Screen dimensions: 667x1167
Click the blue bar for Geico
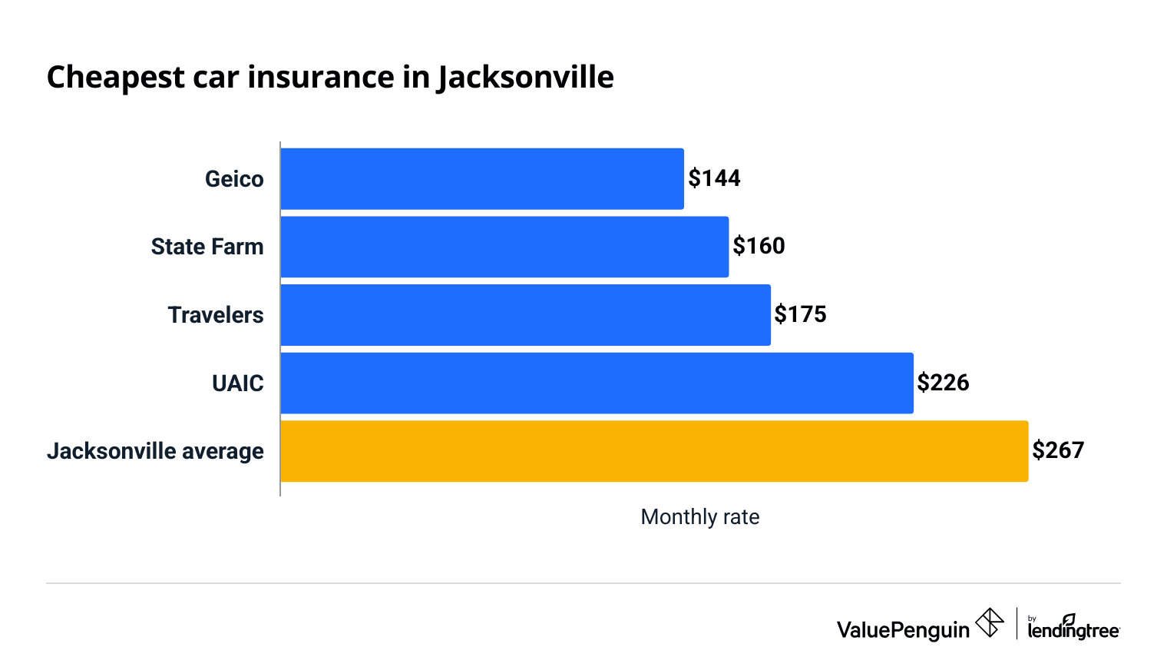point(482,179)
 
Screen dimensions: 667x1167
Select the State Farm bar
point(504,247)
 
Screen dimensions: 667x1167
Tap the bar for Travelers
point(525,315)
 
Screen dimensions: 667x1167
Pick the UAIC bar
point(597,383)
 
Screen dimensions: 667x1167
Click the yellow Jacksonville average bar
point(654,451)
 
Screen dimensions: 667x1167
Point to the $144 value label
point(714,178)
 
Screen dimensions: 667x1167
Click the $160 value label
point(759,246)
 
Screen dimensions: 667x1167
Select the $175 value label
point(800,314)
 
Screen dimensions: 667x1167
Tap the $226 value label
point(943,383)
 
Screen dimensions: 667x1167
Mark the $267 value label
point(1058,450)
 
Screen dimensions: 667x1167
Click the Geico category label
point(234,179)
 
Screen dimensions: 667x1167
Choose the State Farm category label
point(207,247)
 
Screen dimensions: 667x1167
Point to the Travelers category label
point(216,315)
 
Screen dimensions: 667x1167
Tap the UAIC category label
point(238,383)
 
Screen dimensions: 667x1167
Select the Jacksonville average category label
point(155,451)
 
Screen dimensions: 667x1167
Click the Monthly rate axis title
point(699,517)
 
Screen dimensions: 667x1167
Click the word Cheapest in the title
point(116,78)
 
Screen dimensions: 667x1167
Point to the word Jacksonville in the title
point(526,78)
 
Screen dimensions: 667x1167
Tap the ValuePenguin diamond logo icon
point(990,622)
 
